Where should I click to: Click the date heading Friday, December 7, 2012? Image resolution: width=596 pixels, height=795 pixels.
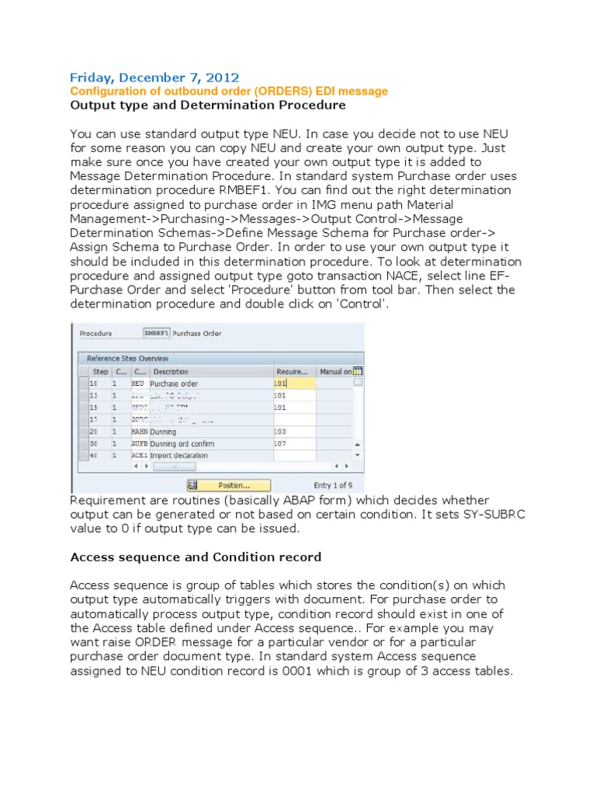click(154, 77)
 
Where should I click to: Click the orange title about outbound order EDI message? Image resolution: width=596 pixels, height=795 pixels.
click(229, 91)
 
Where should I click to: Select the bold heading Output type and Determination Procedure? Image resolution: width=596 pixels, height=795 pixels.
click(208, 105)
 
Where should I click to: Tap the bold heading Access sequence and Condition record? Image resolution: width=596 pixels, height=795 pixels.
click(196, 557)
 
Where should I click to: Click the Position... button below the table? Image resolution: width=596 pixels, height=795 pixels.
click(233, 484)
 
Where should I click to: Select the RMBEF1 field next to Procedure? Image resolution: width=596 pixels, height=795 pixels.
click(156, 333)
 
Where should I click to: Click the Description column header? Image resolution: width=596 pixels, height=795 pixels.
click(171, 371)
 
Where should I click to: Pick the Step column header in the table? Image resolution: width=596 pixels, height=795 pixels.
click(100, 371)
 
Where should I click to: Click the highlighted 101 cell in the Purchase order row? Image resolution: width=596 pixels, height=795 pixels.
click(294, 384)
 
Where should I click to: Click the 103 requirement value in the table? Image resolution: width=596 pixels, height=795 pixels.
click(281, 432)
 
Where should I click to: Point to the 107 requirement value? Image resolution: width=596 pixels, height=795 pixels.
click(281, 443)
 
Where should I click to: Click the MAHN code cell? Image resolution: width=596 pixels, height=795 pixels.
click(139, 432)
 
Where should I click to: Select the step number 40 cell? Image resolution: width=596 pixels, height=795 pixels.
click(95, 456)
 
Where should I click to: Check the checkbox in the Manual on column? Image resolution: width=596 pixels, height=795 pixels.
click(357, 383)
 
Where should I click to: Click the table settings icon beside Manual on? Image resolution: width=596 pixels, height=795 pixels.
click(357, 371)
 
